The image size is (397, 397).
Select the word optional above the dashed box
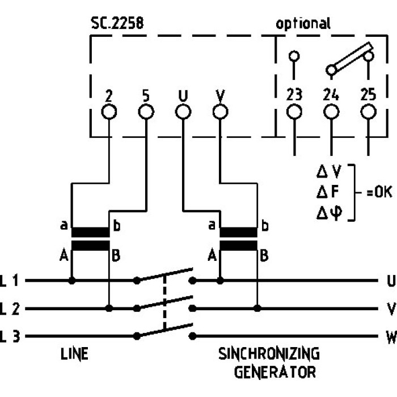tap(303, 24)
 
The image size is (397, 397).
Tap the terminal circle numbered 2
tap(109, 112)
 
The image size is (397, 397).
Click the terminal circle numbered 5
tap(146, 112)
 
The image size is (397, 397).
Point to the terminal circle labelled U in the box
tap(183, 112)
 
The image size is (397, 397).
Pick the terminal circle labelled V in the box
tap(219, 112)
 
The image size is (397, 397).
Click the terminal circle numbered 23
tap(294, 112)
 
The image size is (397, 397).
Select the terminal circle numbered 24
tap(331, 112)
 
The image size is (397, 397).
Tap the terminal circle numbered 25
tap(369, 112)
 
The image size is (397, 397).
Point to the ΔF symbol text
tap(329, 192)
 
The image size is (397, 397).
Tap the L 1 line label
tap(10, 280)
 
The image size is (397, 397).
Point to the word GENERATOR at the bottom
tap(275, 373)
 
